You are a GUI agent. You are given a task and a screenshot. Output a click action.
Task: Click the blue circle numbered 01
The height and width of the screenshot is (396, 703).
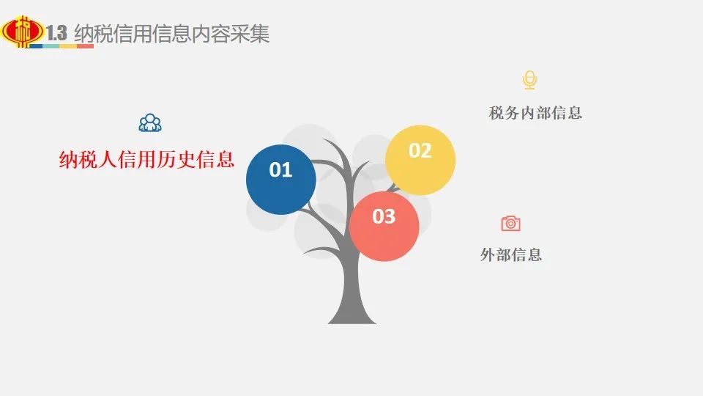point(281,180)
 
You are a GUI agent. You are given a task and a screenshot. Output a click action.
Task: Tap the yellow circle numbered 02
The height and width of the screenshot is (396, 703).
point(420,161)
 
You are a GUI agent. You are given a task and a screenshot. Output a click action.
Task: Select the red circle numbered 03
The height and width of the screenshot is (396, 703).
point(384,227)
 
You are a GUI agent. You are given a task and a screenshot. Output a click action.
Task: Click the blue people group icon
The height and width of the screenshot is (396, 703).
point(150,122)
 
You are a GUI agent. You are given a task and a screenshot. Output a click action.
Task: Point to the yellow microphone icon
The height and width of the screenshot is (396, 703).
point(530,80)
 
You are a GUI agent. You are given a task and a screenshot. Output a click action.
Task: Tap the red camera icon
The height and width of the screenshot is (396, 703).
point(510,223)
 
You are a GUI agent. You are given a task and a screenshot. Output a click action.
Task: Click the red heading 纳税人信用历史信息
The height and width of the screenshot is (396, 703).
point(146,159)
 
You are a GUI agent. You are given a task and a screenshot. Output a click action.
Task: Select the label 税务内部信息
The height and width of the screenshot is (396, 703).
point(535,113)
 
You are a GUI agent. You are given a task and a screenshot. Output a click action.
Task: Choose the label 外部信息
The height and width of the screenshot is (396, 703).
point(511,254)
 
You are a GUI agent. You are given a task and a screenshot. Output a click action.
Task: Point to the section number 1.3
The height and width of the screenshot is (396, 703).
point(56,33)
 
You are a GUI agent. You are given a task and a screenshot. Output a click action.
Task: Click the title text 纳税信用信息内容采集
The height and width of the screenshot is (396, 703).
point(171,34)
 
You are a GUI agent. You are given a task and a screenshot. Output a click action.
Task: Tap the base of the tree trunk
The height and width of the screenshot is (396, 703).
point(352,320)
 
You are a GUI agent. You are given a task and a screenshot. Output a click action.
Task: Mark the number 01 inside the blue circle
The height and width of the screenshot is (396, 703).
point(280,169)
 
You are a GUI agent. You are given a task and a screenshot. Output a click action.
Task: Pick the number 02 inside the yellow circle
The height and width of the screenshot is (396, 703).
point(420,150)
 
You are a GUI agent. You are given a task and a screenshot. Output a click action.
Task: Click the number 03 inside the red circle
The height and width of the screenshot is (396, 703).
point(384,216)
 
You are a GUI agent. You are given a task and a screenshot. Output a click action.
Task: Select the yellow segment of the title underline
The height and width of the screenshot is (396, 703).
point(69,45)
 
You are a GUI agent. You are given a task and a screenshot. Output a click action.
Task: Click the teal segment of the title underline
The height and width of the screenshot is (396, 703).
point(51,45)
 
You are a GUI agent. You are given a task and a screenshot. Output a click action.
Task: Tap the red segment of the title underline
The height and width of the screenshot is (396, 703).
point(85,45)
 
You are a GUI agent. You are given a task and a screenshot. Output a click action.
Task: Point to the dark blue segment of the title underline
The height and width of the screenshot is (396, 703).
point(35,45)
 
